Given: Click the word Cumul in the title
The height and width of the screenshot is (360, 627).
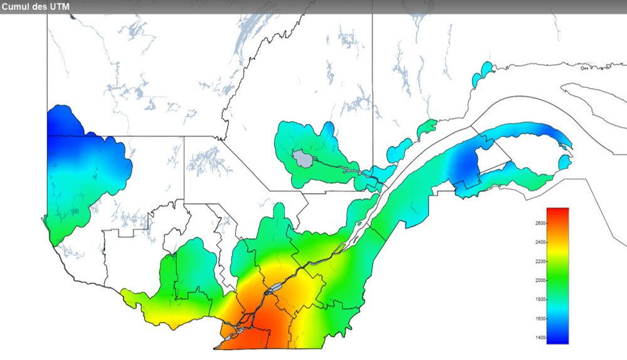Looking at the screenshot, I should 18,6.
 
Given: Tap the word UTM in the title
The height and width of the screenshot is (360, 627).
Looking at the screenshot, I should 60,6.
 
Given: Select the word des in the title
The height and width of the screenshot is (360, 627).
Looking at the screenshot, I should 42,6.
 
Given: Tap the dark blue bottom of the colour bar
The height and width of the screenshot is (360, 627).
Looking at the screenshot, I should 557,339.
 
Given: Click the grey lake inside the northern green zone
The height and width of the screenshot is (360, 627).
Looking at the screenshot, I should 303,158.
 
